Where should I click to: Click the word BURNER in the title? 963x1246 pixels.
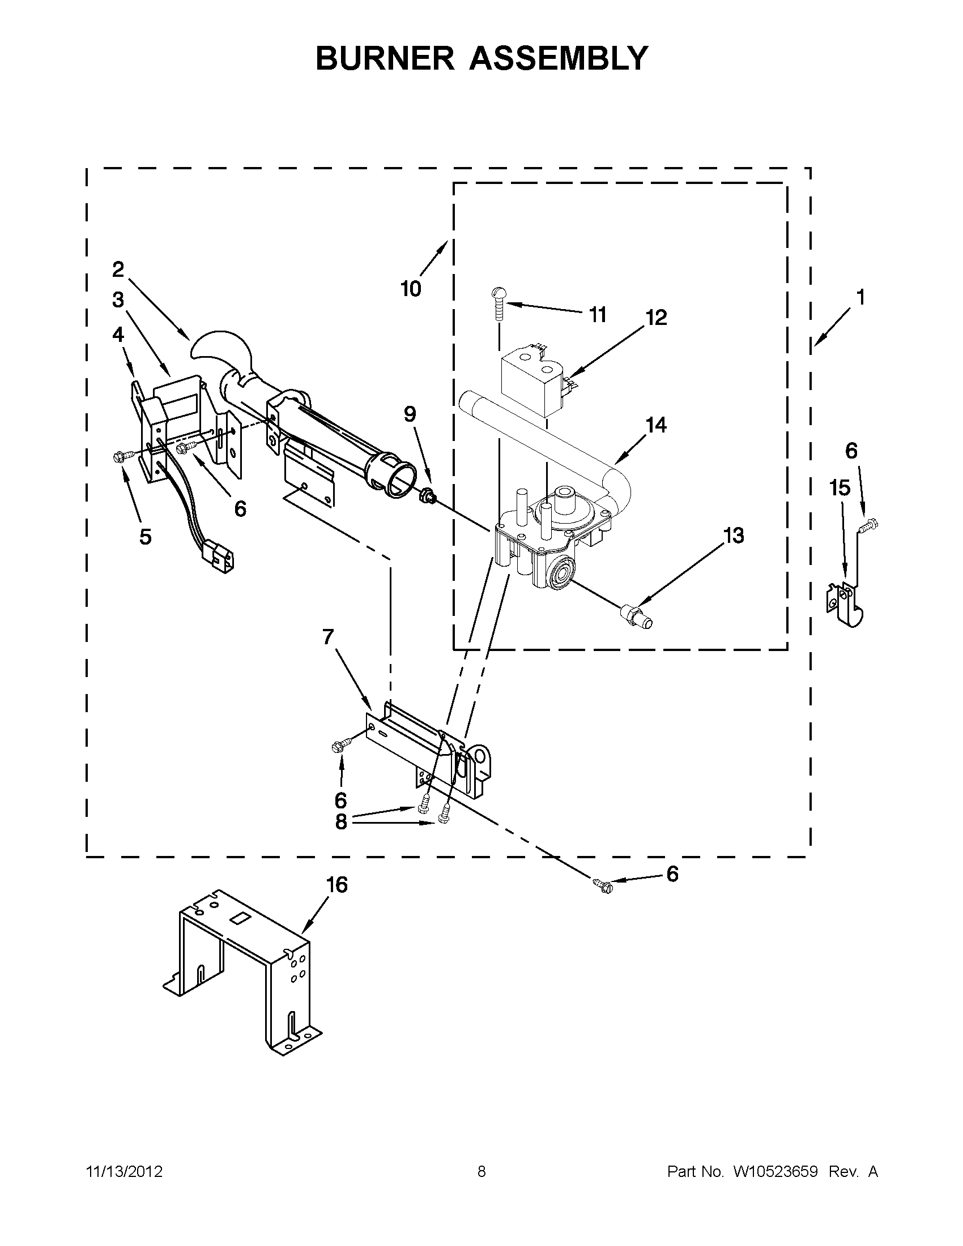click(x=384, y=58)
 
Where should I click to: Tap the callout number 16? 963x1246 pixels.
click(x=337, y=885)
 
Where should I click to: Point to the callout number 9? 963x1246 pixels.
click(x=410, y=414)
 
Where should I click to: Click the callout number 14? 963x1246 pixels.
click(x=657, y=425)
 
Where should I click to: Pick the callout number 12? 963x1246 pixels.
click(x=657, y=317)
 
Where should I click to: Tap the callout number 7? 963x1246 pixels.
click(x=327, y=637)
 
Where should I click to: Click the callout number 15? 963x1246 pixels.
click(x=840, y=488)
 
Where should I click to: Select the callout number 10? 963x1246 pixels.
click(x=411, y=289)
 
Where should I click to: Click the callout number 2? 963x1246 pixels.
click(x=118, y=269)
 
